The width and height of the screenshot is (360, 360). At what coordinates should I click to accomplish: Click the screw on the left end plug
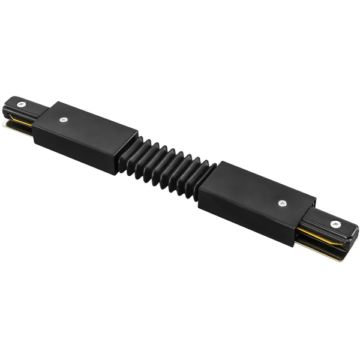pyautogui.click(x=20, y=104)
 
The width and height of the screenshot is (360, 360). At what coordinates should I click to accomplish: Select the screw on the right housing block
pyautogui.click(x=283, y=203)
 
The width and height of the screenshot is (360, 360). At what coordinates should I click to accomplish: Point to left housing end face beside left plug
pyautogui.click(x=42, y=130)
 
